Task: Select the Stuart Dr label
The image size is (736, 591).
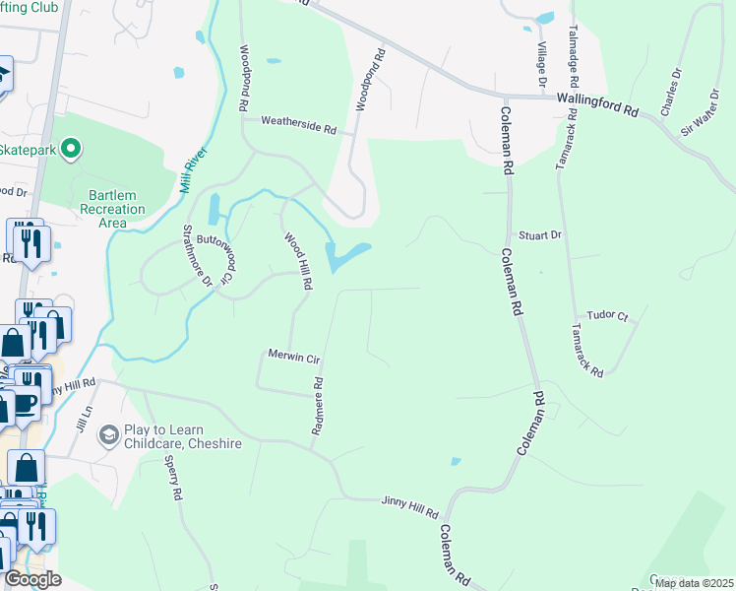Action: [540, 235]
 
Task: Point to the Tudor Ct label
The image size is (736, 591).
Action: [607, 315]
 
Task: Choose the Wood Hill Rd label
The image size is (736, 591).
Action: [298, 261]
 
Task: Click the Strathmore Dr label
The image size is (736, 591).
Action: [197, 255]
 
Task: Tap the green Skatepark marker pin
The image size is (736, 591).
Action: [71, 150]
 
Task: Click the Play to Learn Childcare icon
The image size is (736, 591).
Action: [108, 434]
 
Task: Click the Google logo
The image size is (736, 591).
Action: [33, 579]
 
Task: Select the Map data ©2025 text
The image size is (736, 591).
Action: [693, 583]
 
